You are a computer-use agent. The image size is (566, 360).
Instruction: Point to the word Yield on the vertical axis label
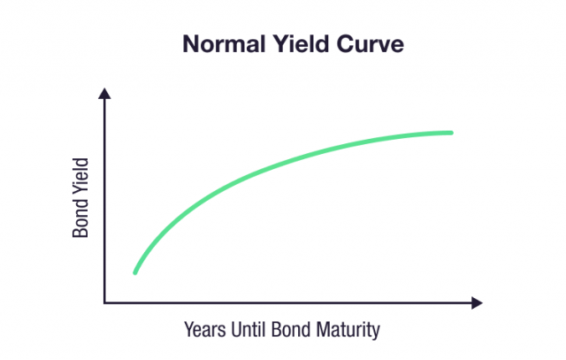[81, 182]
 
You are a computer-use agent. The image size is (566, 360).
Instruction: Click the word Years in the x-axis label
[204, 331]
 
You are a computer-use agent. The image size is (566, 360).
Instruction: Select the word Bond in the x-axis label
[296, 331]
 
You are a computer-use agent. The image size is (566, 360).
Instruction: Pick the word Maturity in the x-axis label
[349, 331]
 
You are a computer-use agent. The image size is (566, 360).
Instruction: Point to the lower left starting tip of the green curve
[135, 272]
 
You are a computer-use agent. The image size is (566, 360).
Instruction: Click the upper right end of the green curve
[451, 133]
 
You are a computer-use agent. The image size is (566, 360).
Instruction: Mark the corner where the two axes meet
[104, 303]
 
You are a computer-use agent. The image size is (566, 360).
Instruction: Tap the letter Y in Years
[188, 331]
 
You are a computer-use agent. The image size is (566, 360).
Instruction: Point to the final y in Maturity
[375, 333]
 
